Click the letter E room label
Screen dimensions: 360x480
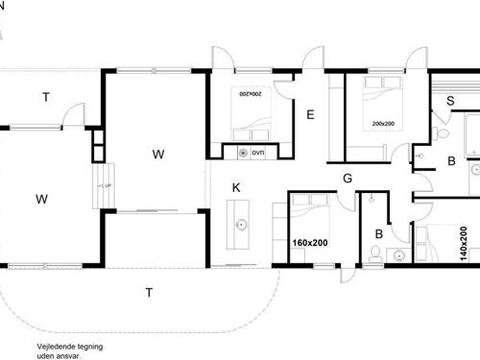tap(310, 114)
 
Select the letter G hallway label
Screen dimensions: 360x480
tap(348, 178)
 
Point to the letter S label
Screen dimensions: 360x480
tap(450, 101)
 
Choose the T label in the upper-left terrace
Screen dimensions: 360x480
tap(44, 96)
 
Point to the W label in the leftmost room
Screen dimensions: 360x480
tap(41, 200)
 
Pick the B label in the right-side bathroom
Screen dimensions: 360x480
tap(450, 161)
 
